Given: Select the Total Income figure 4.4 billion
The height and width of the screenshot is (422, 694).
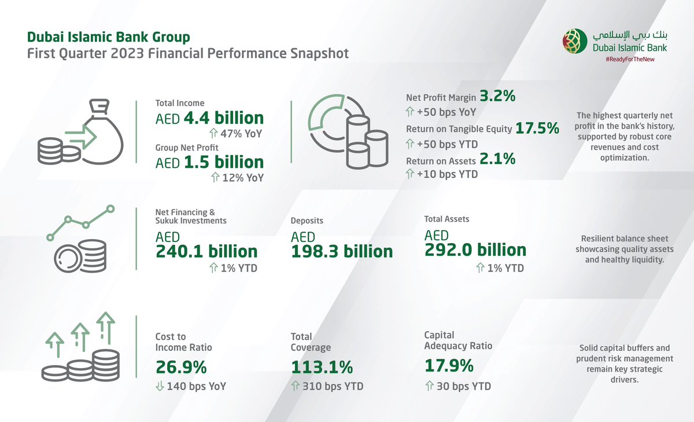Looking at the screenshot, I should point(223,119).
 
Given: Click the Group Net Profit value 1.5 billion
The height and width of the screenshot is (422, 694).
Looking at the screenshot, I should point(223,162).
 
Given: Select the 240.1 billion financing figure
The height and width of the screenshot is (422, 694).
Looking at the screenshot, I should point(206,251).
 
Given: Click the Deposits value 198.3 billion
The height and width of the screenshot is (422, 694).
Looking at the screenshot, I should point(342,252).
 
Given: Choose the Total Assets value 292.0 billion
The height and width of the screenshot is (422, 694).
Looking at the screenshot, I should point(475,250).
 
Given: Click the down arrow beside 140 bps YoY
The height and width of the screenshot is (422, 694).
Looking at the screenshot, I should point(160,386).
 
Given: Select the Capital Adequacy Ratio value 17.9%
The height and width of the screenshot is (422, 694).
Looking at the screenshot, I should point(449,366).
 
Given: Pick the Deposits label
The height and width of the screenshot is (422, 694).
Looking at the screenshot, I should point(307,221).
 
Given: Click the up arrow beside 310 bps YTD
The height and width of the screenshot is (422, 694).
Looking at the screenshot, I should point(295,386).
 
